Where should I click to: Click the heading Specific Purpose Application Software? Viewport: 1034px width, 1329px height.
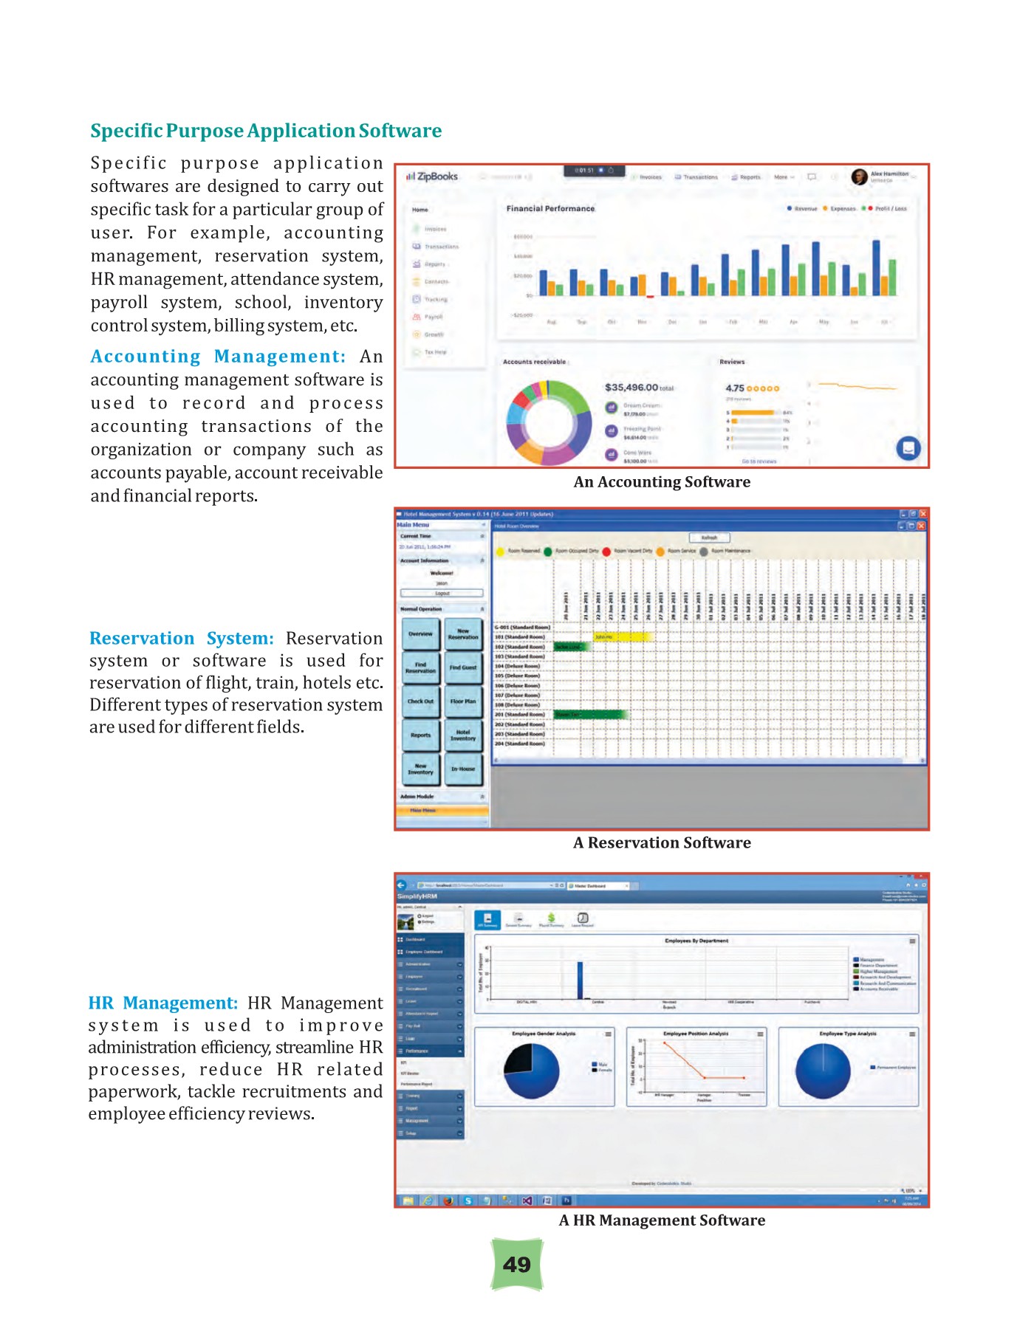[266, 131]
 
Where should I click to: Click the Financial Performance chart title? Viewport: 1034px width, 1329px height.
[550, 209]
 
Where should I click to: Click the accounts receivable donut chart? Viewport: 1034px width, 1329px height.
[549, 422]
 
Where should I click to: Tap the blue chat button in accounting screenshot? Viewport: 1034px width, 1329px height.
[908, 447]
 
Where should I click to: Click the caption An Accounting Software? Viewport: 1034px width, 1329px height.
[662, 482]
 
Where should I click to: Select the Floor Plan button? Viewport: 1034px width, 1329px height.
[463, 701]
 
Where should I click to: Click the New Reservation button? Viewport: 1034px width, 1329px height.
[463, 634]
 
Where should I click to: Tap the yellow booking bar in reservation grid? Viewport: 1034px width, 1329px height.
[623, 636]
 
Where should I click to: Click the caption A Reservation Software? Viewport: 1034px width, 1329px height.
[662, 842]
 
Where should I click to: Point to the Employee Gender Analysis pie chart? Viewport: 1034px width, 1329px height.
[532, 1071]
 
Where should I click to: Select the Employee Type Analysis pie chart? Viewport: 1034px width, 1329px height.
[823, 1071]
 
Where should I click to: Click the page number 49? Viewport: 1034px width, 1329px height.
[517, 1265]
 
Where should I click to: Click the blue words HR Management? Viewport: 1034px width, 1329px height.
[163, 1003]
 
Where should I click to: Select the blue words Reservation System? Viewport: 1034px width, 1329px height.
[182, 638]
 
